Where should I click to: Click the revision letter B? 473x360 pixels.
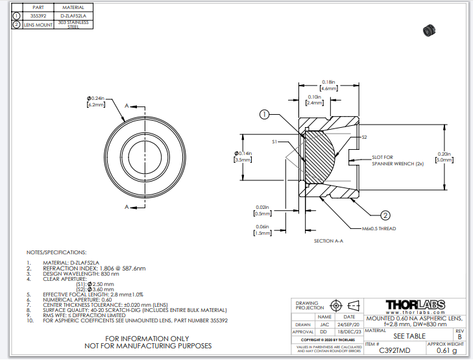click(x=460, y=337)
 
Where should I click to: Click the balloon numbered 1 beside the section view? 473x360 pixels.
click(x=264, y=115)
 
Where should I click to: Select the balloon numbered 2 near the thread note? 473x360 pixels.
click(x=385, y=215)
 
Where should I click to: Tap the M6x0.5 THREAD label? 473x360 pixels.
click(x=378, y=228)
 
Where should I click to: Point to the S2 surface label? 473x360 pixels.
click(x=364, y=138)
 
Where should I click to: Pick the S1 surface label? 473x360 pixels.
click(x=274, y=141)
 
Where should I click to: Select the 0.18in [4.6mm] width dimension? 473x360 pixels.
click(x=328, y=84)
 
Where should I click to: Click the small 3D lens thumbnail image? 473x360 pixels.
click(x=428, y=29)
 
